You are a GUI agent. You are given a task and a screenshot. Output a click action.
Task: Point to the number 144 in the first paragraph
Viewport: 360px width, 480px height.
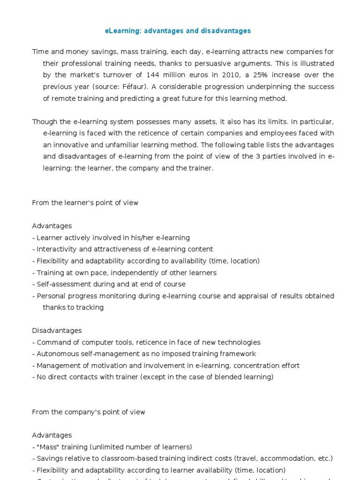click(x=152, y=75)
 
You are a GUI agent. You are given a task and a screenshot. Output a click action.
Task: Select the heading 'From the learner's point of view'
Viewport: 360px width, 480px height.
click(x=85, y=202)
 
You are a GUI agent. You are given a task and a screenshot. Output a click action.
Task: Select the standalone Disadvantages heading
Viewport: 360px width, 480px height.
click(x=57, y=330)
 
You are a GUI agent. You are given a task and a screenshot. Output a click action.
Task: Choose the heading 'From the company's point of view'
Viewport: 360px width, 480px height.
click(x=89, y=412)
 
